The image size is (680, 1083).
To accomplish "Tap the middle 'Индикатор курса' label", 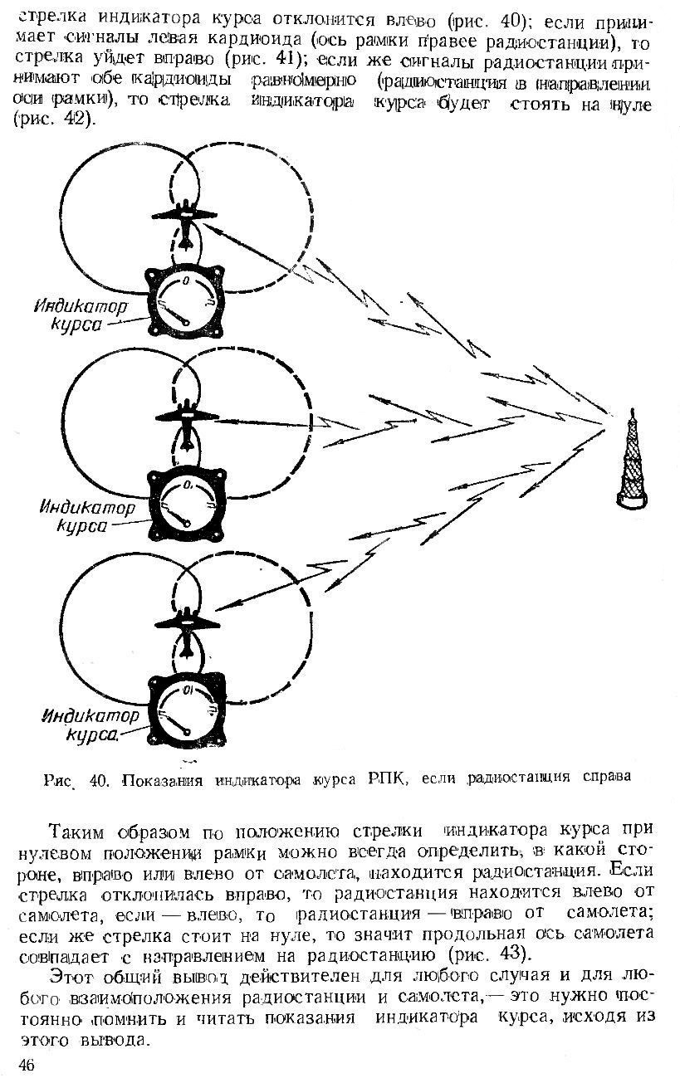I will pyautogui.click(x=81, y=515).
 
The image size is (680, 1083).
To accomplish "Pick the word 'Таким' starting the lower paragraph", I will pyautogui.click(x=80, y=832).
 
